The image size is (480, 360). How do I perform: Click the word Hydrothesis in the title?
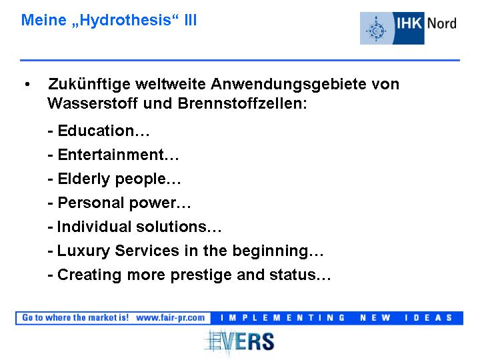tap(125, 21)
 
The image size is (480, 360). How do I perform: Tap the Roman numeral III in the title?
tap(191, 20)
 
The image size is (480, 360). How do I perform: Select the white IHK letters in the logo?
tap(409, 23)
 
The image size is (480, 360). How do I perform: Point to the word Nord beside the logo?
tap(442, 23)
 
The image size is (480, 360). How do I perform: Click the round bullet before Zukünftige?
tap(27, 84)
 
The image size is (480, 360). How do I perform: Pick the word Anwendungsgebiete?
tap(289, 85)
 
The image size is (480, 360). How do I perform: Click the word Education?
tap(96, 131)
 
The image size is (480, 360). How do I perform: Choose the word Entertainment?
tap(111, 155)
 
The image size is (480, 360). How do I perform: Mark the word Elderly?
tap(83, 179)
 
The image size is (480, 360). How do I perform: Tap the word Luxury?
tap(83, 251)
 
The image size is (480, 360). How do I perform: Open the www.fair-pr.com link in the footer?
tap(170, 318)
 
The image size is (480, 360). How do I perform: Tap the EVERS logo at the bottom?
tap(239, 342)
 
